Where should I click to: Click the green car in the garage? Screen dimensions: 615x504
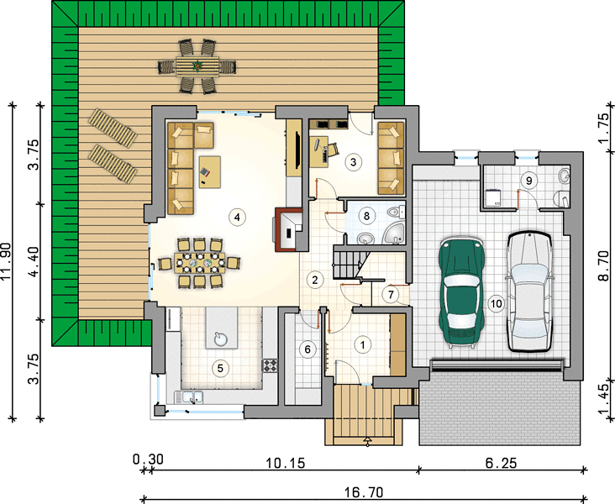tap(462, 292)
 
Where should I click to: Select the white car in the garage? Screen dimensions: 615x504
tap(530, 291)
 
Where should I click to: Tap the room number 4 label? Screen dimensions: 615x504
tap(237, 217)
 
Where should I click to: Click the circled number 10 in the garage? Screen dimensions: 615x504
tap(497, 303)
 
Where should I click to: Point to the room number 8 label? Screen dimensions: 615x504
tap(366, 216)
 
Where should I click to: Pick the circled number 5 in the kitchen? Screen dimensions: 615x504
tap(220, 368)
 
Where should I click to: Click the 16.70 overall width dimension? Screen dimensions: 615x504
tap(364, 492)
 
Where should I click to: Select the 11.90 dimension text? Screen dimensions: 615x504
tap(6, 261)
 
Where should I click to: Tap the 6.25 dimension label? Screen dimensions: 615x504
tap(501, 464)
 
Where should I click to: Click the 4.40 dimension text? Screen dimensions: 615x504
tap(35, 261)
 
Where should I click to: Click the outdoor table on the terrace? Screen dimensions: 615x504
tap(197, 66)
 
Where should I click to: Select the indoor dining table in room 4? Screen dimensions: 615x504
tap(200, 263)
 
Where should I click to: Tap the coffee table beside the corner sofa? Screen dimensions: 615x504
tap(209, 172)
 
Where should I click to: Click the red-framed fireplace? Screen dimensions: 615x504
tap(288, 229)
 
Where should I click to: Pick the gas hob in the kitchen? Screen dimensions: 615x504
tap(270, 365)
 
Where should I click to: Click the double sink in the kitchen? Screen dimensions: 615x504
tap(189, 397)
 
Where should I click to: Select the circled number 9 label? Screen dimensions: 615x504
tap(529, 181)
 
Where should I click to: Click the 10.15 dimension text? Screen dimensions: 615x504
tap(285, 464)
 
